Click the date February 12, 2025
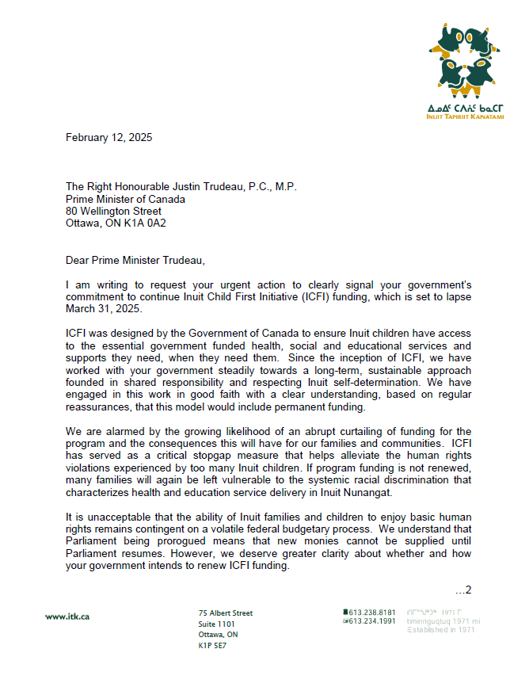108,137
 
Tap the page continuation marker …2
463,590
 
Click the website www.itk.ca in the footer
67,617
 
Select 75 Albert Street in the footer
225,613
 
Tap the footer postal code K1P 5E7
211,646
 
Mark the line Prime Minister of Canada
125,199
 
